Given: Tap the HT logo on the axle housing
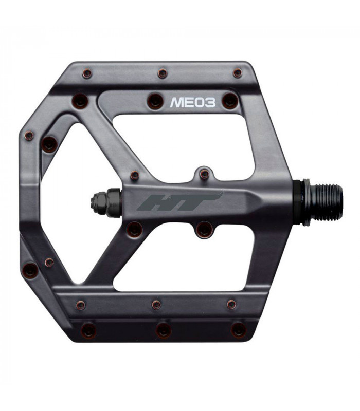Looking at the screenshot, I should (180, 201).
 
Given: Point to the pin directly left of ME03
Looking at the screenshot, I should (155, 101).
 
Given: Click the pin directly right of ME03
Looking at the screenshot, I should (230, 101).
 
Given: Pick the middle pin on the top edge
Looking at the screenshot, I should (163, 73).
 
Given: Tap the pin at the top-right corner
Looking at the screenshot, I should (237, 73).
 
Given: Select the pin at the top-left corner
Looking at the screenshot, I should (87, 73).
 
